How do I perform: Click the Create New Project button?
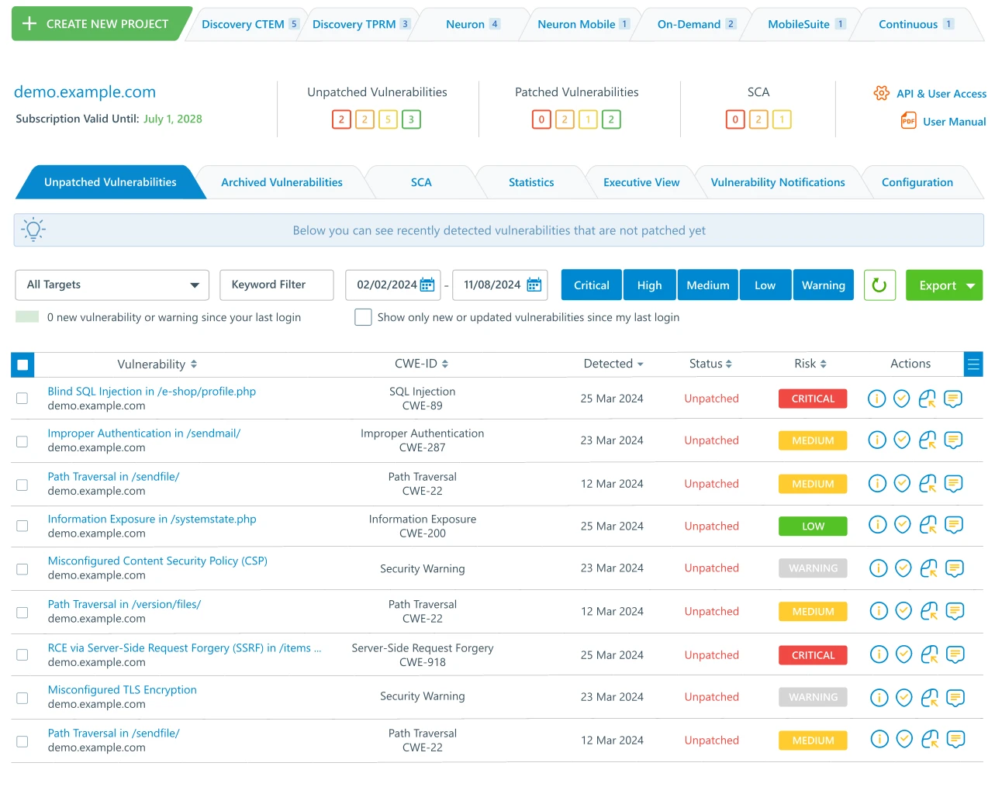coord(97,24)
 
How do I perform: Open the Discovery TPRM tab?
coord(354,24)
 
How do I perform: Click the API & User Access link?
coord(941,94)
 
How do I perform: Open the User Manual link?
coord(954,122)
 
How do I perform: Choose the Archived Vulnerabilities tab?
coord(282,182)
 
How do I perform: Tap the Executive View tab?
coord(641,182)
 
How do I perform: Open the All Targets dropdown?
coord(112,285)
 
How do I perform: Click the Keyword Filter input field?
coord(277,285)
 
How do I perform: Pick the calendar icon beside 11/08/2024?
coord(534,285)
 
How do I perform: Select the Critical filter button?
coord(591,285)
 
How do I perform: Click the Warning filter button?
coord(823,285)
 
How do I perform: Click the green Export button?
coord(944,285)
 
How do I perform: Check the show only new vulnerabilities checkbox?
coord(363,317)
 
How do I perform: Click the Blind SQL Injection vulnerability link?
coord(151,392)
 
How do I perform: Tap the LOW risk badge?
coord(813,526)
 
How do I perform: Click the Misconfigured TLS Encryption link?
coord(122,689)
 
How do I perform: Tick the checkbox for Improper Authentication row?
coord(22,441)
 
